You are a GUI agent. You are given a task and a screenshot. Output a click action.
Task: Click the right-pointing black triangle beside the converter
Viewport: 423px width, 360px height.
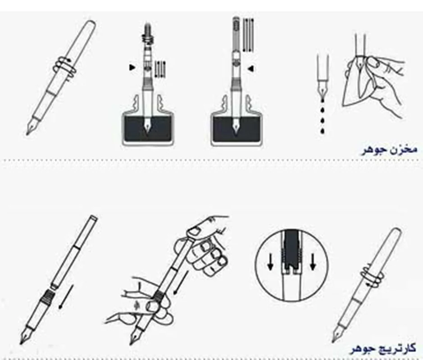(132, 67)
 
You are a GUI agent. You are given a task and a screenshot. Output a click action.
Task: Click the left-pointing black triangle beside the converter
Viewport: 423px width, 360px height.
(251, 69)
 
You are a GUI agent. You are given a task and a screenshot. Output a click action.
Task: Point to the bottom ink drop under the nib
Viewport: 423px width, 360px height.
(322, 130)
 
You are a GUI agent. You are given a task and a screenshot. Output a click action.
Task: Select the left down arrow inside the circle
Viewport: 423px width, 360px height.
(270, 262)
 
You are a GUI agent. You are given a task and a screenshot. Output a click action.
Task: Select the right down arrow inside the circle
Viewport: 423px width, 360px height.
(313, 262)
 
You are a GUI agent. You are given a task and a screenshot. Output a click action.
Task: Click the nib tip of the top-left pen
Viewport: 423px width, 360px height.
(27, 134)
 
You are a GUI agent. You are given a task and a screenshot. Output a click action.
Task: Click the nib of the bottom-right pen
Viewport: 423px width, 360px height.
(337, 336)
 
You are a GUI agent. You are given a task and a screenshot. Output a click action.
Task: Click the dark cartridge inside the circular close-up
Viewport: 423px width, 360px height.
(291, 249)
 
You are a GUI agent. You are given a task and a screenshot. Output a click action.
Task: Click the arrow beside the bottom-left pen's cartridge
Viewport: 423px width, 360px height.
(66, 297)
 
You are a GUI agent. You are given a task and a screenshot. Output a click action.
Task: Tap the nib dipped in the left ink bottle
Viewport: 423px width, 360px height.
(147, 125)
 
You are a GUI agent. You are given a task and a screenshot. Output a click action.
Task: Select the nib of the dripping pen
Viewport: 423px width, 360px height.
(323, 89)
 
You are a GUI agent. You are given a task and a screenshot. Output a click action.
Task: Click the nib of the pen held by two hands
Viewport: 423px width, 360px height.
(135, 336)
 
